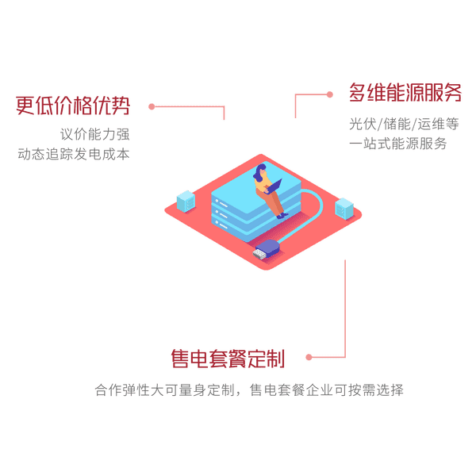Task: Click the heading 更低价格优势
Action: [x=73, y=106]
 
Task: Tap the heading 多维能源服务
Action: [x=405, y=92]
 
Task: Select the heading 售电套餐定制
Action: [x=228, y=359]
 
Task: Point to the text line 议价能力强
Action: [x=94, y=134]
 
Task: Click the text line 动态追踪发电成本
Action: [x=74, y=154]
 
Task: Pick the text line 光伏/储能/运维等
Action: [x=404, y=124]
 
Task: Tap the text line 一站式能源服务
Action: [x=398, y=144]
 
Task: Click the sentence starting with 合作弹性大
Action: [x=249, y=390]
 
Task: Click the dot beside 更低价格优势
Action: [x=152, y=106]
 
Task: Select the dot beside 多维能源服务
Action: [x=330, y=94]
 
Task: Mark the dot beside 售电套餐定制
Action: [x=309, y=357]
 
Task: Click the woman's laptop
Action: [x=274, y=186]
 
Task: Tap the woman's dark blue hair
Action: [x=259, y=172]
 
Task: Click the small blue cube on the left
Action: [x=186, y=202]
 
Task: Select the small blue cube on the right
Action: [x=344, y=209]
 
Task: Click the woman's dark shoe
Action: [x=282, y=216]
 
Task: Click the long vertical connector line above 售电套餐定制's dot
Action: [x=345, y=308]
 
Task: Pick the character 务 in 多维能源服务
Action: [x=452, y=92]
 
